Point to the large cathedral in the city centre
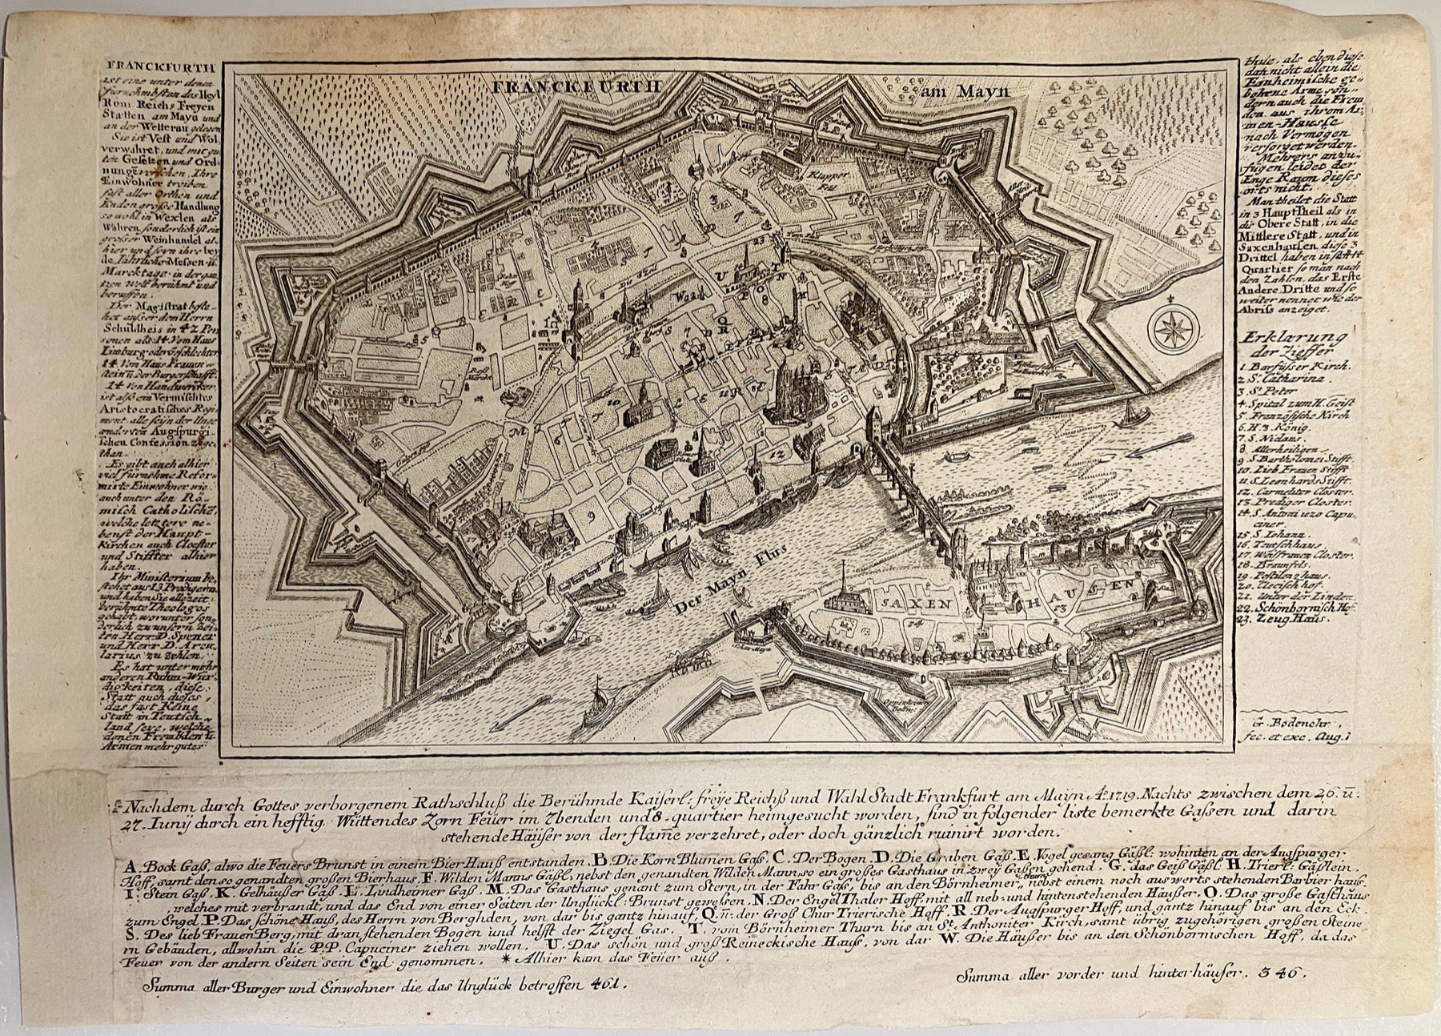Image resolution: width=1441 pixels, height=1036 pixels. pos(793,386)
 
